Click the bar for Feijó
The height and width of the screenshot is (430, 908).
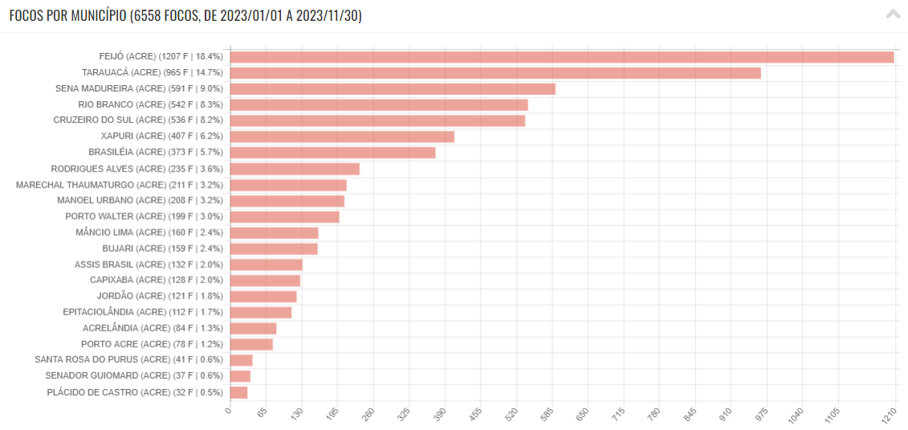562,57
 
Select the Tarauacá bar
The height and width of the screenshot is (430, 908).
495,73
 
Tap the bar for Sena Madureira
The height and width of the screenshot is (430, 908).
393,89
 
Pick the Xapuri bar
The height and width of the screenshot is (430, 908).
342,136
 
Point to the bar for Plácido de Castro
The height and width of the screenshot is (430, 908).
238,392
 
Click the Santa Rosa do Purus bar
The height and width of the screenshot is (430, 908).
241,360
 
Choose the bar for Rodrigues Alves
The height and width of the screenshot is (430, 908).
295,168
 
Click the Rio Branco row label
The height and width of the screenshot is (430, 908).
150,104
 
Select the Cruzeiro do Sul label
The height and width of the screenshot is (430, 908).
138,120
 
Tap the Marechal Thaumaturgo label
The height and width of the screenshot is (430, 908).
120,185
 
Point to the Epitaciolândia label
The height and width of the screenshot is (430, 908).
143,312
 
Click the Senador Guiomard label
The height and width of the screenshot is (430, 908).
134,375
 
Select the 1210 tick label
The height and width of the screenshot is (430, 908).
889,416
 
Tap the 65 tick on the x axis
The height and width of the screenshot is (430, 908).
261,414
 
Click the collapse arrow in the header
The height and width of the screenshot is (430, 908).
893,14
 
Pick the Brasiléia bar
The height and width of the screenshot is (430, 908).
332,152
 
